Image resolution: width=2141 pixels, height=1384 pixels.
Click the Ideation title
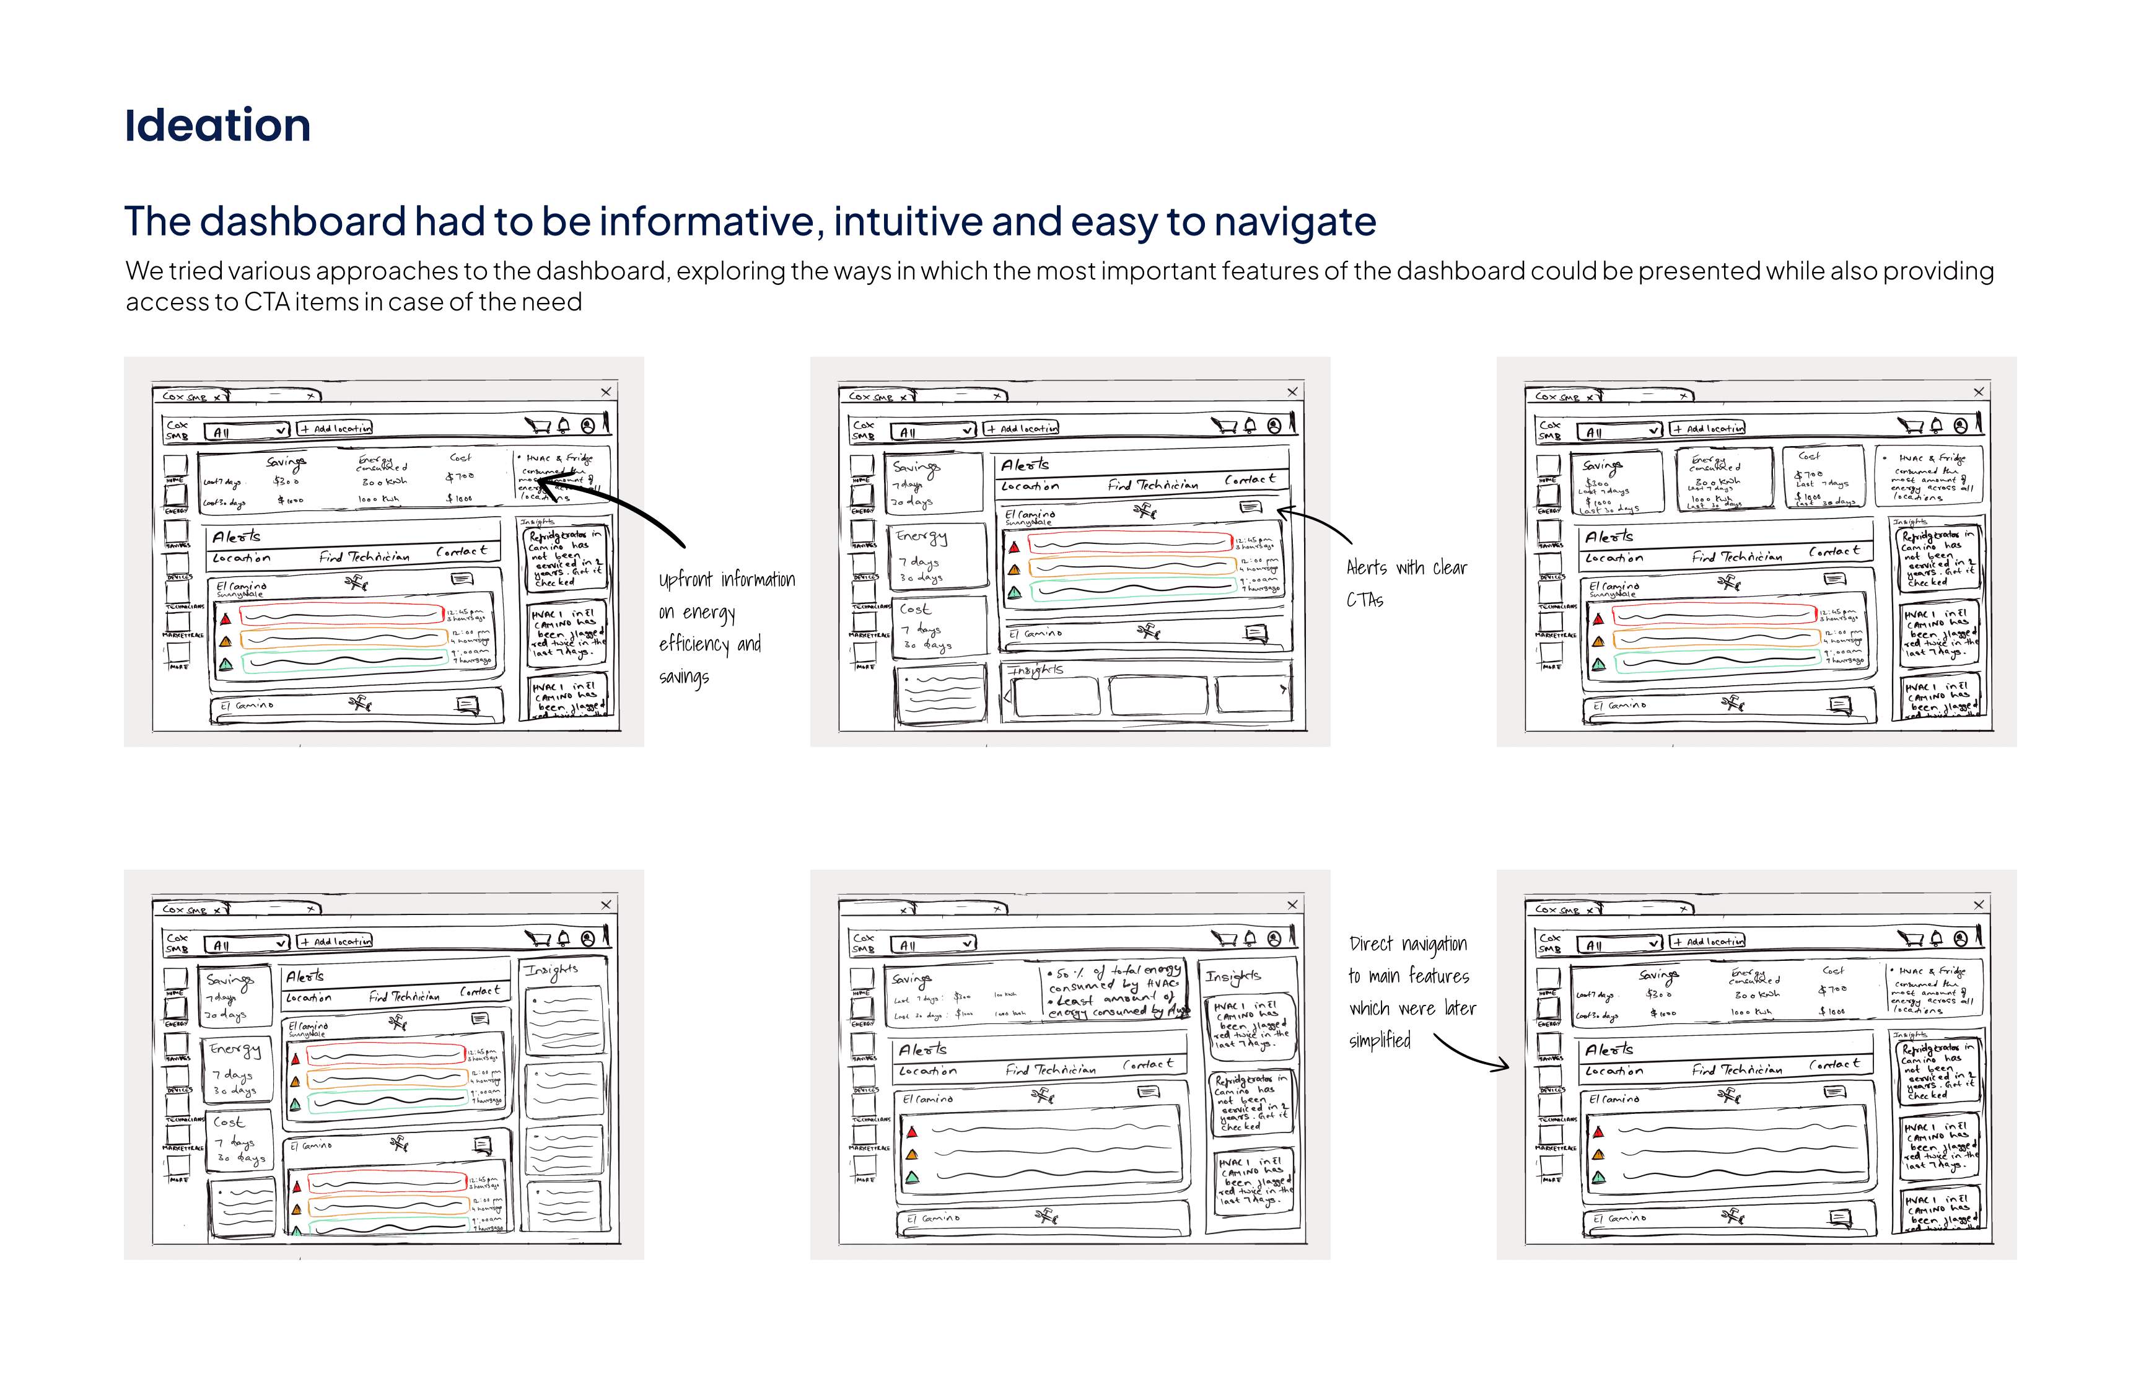point(217,125)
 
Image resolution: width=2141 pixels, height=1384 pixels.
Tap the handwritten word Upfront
point(686,580)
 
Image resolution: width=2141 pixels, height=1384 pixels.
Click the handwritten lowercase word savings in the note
point(684,677)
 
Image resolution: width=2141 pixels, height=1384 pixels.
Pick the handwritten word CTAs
point(1364,600)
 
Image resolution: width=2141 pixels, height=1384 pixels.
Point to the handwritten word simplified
point(1379,1041)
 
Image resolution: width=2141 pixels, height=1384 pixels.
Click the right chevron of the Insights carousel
point(1282,690)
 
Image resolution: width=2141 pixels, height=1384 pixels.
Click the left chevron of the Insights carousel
point(1007,694)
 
